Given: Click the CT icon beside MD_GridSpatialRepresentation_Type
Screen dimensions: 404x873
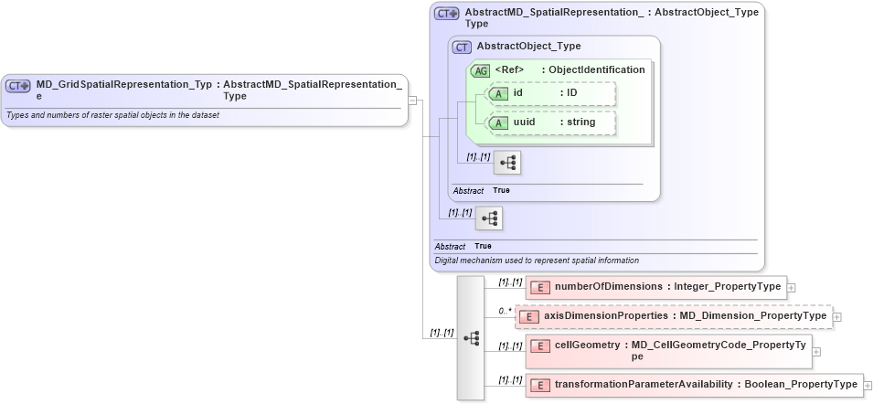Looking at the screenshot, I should tap(18, 85).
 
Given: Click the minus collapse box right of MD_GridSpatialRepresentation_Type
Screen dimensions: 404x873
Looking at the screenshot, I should tap(413, 101).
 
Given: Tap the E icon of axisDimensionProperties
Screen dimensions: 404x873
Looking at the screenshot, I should tap(529, 316).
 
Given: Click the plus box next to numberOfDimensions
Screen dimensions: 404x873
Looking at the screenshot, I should tap(792, 287).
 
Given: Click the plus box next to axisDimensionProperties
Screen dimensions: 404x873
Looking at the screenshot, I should tap(836, 316).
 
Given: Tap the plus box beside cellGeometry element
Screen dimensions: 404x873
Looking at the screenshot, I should tap(816, 351).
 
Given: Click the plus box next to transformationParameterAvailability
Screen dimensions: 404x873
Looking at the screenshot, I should tap(868, 385).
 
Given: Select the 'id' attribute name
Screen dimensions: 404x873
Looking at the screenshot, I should tap(518, 92).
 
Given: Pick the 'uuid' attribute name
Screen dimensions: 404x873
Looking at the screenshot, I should tap(524, 122).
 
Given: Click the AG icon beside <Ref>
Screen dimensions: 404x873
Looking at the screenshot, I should tap(480, 70).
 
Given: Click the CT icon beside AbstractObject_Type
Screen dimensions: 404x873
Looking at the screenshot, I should tap(463, 47).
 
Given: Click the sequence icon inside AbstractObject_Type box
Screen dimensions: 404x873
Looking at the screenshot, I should tap(507, 163).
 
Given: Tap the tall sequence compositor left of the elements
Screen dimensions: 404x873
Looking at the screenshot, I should tap(471, 337).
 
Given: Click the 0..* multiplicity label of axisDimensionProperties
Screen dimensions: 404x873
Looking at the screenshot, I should tap(505, 312).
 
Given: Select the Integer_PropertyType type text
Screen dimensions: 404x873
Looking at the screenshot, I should tap(728, 286).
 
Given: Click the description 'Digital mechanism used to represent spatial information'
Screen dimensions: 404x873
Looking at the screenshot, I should tap(537, 260).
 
